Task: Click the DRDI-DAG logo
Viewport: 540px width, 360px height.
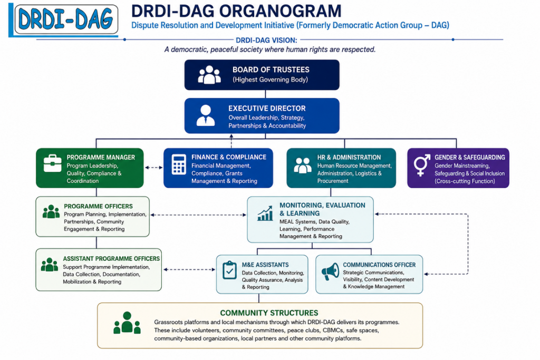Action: click(63, 20)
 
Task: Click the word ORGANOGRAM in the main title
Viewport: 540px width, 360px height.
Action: click(281, 11)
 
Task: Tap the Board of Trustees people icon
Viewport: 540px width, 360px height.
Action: click(209, 75)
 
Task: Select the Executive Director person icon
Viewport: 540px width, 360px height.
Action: click(206, 115)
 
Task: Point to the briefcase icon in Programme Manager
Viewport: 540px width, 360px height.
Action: click(53, 163)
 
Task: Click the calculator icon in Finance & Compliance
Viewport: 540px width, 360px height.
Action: click(179, 164)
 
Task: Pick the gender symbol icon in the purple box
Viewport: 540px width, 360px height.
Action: click(422, 165)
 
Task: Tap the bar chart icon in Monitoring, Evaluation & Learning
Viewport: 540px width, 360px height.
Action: click(265, 213)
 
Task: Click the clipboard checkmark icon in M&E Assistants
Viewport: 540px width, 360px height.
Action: click(229, 270)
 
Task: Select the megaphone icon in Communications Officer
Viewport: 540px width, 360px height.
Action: click(330, 272)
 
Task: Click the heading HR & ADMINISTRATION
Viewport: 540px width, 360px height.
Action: click(349, 157)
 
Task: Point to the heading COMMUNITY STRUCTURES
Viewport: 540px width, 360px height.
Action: click(269, 313)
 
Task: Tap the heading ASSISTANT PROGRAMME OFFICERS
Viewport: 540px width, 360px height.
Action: click(111, 258)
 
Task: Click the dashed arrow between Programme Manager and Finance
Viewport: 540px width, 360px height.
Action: click(153, 168)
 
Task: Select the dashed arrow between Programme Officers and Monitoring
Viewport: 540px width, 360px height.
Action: click(198, 215)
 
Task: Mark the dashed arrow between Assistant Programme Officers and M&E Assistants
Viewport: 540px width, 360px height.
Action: click(189, 269)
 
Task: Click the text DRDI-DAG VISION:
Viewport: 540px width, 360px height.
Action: click(266, 40)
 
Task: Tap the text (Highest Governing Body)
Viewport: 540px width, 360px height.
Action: click(271, 80)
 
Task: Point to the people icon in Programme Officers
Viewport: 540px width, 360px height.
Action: click(51, 212)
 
